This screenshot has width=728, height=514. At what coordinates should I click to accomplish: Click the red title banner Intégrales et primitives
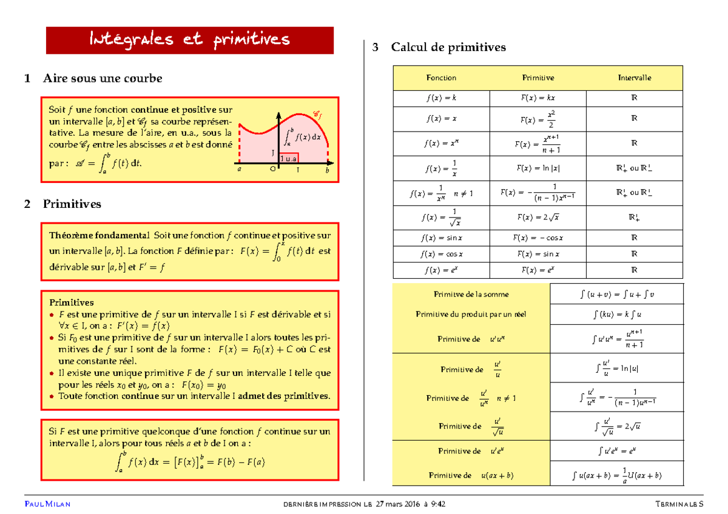[190, 41]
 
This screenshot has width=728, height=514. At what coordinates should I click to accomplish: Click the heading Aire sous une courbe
[102, 78]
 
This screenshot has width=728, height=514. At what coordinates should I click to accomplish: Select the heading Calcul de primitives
[448, 47]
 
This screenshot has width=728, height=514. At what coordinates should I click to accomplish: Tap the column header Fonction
[441, 78]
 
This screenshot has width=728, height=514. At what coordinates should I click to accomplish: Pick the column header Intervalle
[634, 78]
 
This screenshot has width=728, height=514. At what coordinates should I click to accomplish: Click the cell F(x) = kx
[538, 98]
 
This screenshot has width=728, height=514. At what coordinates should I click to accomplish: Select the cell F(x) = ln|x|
[538, 168]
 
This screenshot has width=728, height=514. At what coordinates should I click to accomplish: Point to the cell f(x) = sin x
[441, 238]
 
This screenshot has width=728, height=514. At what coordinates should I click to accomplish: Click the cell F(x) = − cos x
[538, 238]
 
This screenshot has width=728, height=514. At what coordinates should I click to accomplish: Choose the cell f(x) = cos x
[441, 254]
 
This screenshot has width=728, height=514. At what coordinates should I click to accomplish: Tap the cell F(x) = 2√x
[538, 217]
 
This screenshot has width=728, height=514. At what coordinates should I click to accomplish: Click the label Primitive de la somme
[471, 294]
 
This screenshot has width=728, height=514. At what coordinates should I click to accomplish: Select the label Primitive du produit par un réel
[471, 314]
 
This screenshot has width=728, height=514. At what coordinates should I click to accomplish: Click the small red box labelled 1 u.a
[289, 158]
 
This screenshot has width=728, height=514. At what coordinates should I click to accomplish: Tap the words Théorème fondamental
[99, 235]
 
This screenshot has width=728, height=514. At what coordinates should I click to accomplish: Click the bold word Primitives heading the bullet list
[71, 302]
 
